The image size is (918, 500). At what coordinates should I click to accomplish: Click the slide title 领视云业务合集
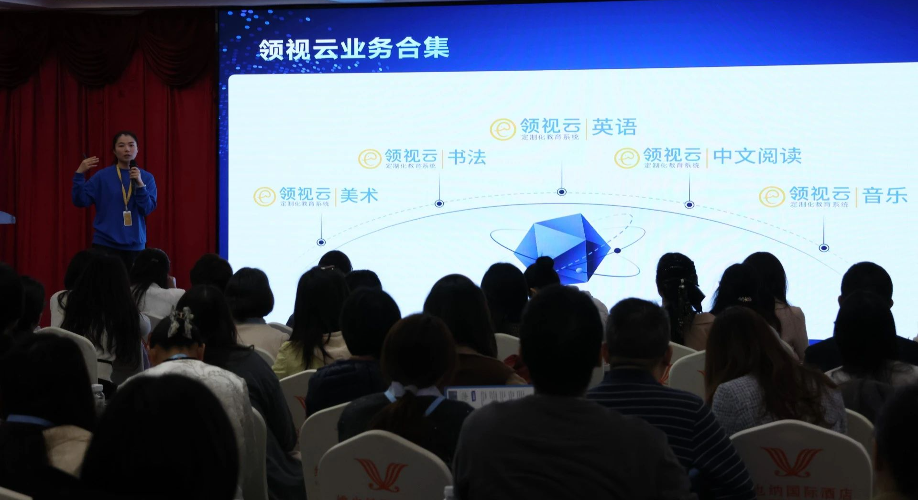[354, 49]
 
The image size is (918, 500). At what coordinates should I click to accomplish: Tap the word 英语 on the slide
[614, 127]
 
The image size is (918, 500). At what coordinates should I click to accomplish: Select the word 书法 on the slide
[467, 158]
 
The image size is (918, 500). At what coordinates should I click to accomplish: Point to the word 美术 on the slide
[359, 196]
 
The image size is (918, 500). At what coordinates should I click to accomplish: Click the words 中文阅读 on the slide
[757, 156]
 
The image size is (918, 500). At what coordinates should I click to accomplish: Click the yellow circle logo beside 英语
[503, 129]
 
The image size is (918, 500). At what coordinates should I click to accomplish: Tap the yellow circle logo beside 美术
[264, 196]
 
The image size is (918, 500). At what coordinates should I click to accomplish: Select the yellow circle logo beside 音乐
[772, 196]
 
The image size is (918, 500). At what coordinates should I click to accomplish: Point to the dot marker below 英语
[562, 192]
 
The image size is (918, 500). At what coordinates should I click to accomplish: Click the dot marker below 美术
[321, 243]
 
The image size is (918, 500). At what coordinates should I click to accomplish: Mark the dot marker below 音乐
[824, 248]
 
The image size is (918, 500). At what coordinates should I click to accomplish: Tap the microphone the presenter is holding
[134, 168]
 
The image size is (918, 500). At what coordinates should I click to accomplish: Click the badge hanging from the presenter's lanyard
[128, 218]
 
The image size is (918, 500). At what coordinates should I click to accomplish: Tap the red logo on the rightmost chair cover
[792, 461]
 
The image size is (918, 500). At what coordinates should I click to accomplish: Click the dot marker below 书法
[439, 204]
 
